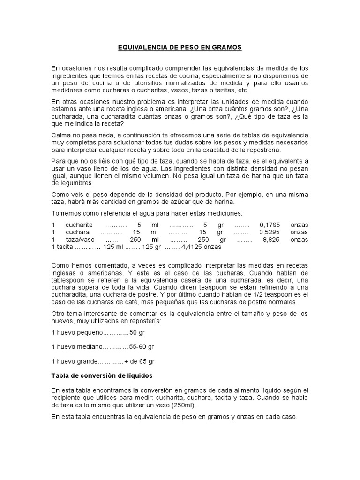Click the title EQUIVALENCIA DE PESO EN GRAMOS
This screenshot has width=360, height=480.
pyautogui.click(x=180, y=47)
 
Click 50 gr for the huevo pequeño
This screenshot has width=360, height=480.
pyautogui.click(x=137, y=333)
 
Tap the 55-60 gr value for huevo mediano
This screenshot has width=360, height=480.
pyautogui.click(x=142, y=347)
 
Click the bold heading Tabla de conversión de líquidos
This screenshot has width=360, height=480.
pyautogui.click(x=102, y=376)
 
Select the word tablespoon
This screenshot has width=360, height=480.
pyautogui.click(x=69, y=280)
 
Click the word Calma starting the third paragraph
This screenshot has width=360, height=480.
pyautogui.click(x=61, y=135)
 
